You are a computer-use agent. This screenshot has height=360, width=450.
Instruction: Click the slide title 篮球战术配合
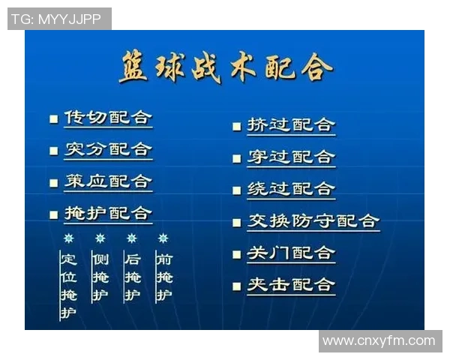[x=225, y=68]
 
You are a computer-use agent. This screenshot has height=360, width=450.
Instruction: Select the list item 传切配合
[x=108, y=118]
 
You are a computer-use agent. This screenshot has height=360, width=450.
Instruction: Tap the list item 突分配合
[x=108, y=149]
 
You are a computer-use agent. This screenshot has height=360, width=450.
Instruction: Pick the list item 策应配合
[x=108, y=181]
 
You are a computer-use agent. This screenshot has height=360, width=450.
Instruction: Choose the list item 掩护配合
[x=108, y=213]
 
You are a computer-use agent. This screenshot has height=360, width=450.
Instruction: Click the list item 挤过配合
[x=291, y=125]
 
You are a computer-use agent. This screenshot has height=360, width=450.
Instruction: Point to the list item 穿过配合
[x=291, y=157]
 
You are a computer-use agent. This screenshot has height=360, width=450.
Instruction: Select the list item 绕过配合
[x=291, y=189]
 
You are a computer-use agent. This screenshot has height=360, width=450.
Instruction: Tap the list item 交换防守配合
[x=313, y=221]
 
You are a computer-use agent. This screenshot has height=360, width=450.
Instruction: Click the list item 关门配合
[x=291, y=253]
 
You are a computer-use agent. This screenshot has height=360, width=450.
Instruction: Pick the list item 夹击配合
[x=291, y=285]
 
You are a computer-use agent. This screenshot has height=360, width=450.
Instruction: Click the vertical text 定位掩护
[x=68, y=286]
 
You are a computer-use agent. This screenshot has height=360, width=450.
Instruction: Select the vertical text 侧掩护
[x=100, y=277]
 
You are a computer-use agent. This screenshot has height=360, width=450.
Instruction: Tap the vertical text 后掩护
[x=132, y=277]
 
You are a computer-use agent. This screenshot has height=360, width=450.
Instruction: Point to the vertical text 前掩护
[x=163, y=277]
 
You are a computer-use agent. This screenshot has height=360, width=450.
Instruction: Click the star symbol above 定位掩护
[x=68, y=238]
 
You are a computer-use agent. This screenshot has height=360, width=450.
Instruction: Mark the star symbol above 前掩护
[x=163, y=238]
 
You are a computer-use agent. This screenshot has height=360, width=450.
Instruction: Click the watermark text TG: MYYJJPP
[x=59, y=19]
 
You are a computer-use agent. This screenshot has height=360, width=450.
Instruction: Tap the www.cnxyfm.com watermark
[x=379, y=341]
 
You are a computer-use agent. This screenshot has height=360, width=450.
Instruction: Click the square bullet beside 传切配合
[x=53, y=119]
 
